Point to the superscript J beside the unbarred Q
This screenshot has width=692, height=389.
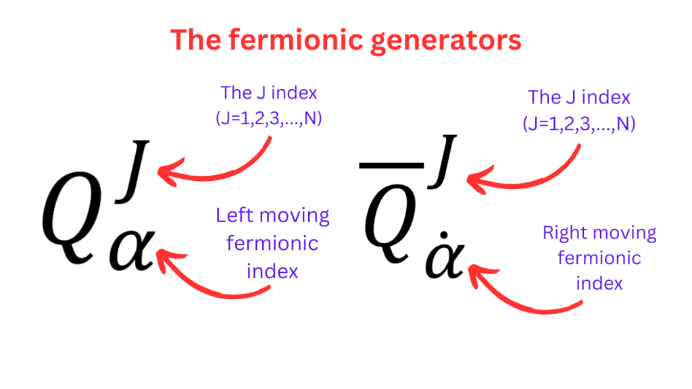pos(135,169)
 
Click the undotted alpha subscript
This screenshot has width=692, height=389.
pos(134,251)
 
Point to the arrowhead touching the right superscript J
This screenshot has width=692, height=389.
pos(473,180)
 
